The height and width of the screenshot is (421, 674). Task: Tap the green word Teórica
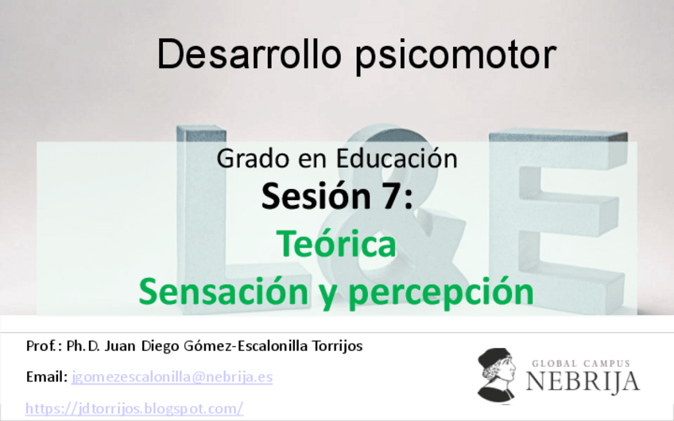(x=336, y=245)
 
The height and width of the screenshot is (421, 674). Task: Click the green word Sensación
(x=216, y=292)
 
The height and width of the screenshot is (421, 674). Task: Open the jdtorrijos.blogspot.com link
(x=134, y=408)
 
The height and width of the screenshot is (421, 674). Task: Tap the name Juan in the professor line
(x=127, y=346)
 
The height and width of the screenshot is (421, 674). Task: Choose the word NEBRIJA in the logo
(x=582, y=381)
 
